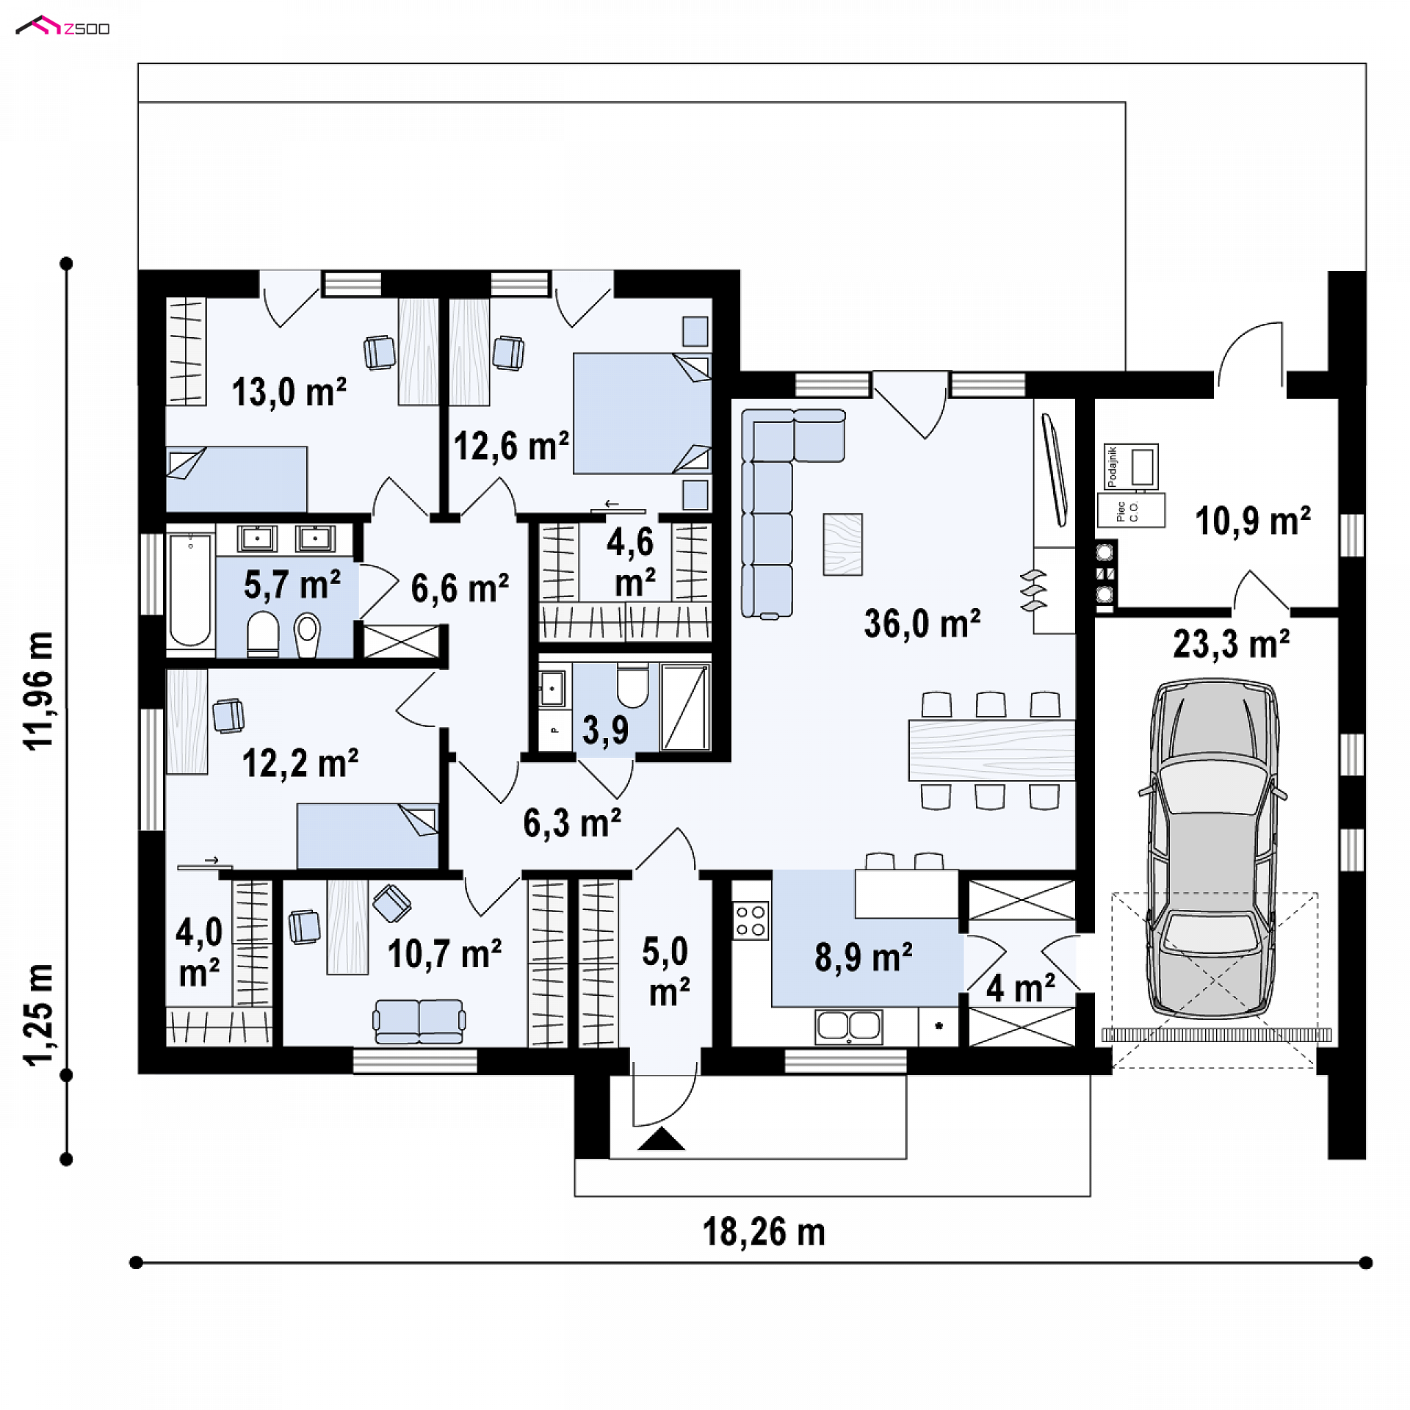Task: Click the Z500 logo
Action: point(63,27)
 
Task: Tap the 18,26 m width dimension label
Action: point(764,1232)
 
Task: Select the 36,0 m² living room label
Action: point(922,623)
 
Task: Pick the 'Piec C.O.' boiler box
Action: point(1131,510)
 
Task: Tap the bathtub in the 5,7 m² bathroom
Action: point(190,590)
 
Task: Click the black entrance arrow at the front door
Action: point(661,1138)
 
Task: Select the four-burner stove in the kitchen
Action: point(751,921)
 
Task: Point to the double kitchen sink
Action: point(848,1026)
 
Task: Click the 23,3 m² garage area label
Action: point(1232,644)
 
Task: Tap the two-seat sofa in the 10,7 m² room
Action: point(419,1021)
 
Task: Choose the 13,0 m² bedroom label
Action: point(289,391)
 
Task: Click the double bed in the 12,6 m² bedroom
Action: point(642,413)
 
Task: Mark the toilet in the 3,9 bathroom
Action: point(632,685)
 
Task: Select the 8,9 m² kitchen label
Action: point(864,958)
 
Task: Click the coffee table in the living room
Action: point(842,543)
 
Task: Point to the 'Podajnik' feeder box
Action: point(1131,466)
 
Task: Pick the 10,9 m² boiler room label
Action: point(1253,521)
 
